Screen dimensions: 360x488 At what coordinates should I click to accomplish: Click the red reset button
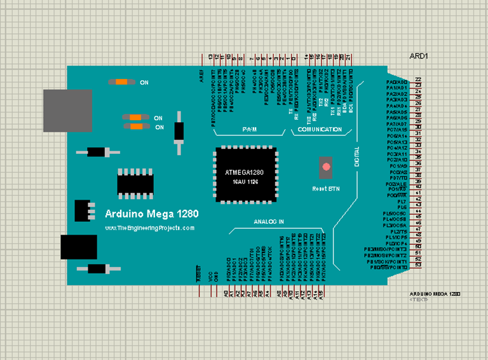[x=327, y=167]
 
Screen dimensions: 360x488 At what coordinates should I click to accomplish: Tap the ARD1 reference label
[x=419, y=56]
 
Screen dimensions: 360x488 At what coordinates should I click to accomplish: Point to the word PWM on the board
[x=248, y=130]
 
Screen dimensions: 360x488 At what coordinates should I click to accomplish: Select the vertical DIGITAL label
[x=356, y=156]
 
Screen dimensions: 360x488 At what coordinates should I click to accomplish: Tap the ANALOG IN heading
[x=269, y=222]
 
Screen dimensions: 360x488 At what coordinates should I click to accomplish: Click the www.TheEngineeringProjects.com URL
[x=150, y=227]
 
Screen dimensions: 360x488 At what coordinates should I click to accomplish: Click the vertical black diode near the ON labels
[x=179, y=132]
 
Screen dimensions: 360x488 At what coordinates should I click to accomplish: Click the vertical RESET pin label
[x=198, y=277]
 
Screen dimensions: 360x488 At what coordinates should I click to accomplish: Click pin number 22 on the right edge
[x=418, y=80]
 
